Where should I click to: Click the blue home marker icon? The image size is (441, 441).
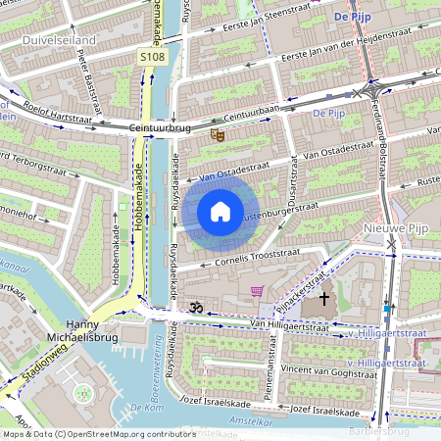[220, 211]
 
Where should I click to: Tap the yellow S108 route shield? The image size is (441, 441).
[152, 59]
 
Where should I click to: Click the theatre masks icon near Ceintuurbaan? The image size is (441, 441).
[218, 135]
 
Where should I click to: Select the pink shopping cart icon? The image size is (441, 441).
[257, 291]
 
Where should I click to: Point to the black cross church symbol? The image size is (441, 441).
[324, 298]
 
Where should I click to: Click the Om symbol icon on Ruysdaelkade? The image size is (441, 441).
[194, 307]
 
